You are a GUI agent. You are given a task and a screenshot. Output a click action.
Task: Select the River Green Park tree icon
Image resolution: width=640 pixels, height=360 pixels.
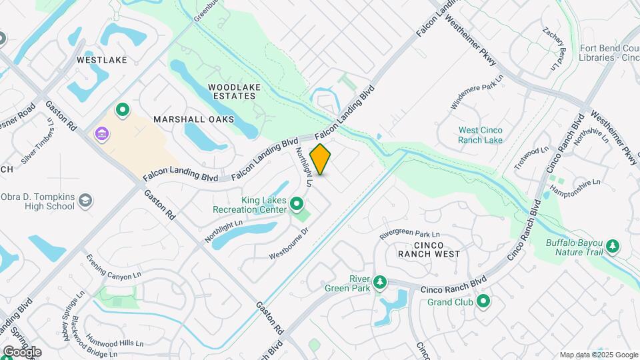(379, 282)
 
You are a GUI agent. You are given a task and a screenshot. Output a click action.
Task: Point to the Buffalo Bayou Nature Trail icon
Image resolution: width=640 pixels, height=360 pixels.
(612, 247)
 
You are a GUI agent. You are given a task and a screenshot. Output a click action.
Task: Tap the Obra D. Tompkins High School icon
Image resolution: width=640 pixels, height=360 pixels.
(85, 200)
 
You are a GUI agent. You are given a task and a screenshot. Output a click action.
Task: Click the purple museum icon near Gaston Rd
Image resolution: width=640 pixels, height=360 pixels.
(101, 135)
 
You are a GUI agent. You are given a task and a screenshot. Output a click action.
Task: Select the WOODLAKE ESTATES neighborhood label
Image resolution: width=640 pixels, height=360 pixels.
(231, 91)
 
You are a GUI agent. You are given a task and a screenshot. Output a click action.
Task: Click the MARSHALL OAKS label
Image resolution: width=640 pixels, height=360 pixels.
(194, 119)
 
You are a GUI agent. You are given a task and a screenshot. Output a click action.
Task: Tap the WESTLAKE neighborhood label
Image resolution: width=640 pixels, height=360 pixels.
(101, 60)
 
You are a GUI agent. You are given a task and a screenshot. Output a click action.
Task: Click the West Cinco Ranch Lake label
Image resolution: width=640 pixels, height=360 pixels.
(480, 135)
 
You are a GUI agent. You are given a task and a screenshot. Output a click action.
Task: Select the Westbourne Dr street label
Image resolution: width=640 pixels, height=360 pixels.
(289, 245)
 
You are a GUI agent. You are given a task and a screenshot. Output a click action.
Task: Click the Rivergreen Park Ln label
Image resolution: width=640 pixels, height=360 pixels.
(409, 235)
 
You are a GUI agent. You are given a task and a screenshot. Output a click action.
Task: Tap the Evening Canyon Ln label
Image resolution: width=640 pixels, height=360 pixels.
(114, 266)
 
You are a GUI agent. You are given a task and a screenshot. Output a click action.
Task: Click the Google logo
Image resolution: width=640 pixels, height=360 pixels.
(22, 351)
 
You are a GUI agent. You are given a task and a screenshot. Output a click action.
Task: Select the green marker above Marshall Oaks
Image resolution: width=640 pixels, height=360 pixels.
(123, 109)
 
